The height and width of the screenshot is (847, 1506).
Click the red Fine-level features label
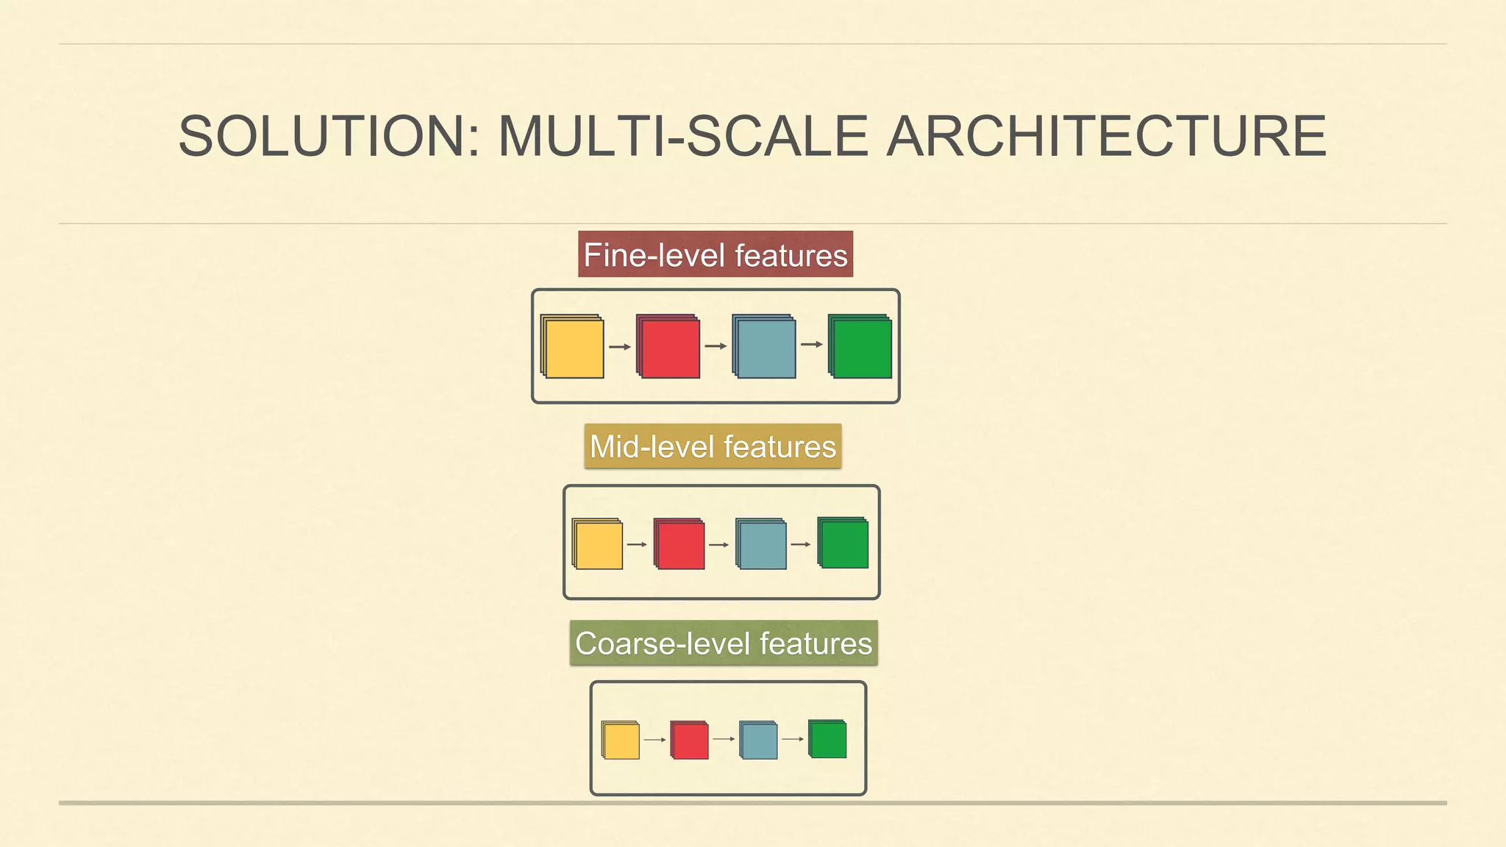(x=715, y=254)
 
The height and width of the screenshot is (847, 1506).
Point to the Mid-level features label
(x=713, y=446)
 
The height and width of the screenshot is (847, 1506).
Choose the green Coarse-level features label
(x=724, y=643)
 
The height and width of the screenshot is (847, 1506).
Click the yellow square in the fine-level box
(x=574, y=348)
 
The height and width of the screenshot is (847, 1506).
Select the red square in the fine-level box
(x=669, y=348)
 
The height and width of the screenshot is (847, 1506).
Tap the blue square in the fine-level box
(x=765, y=348)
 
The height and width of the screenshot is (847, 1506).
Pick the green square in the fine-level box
(x=861, y=348)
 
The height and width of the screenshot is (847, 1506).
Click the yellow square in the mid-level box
(x=599, y=545)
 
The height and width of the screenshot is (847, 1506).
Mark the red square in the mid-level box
(x=680, y=545)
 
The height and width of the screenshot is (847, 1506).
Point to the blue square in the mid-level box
(x=762, y=545)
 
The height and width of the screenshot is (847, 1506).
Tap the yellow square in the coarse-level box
(x=621, y=740)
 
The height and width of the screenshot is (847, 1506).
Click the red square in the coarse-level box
(x=690, y=740)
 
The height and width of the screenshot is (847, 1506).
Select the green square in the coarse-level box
(x=828, y=740)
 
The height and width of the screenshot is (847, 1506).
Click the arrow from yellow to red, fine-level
(x=620, y=347)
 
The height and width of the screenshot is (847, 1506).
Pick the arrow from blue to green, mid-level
(x=801, y=545)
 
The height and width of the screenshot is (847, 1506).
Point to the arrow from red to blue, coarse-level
(x=724, y=739)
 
